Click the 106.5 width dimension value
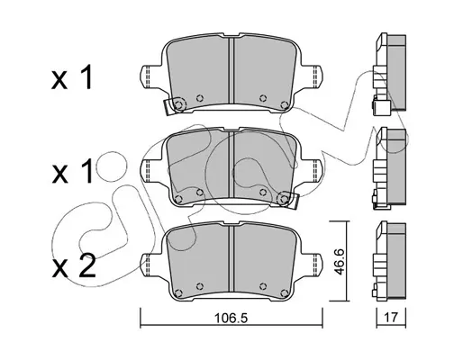[x=231, y=318]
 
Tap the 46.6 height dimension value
[x=340, y=261]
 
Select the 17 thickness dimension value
[x=391, y=317]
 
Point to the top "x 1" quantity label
[x=72, y=78]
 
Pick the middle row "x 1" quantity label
[x=72, y=171]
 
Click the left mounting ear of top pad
[x=150, y=76]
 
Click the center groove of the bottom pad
[x=231, y=258]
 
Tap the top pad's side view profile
[x=390, y=74]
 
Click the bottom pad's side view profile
[x=390, y=261]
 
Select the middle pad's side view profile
[x=390, y=168]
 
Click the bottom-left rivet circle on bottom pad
[x=178, y=292]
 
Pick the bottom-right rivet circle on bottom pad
[x=284, y=292]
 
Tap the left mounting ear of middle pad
[x=150, y=169]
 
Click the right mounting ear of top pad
[x=313, y=76]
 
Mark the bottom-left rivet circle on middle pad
[x=178, y=199]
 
